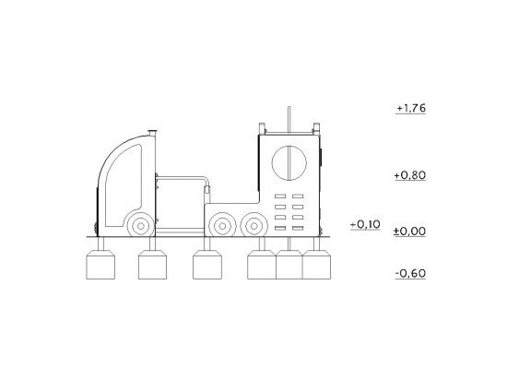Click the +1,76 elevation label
tap(411, 108)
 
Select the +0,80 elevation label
tap(410, 175)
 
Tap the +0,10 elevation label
tap(365, 224)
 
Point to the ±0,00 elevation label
tap(409, 232)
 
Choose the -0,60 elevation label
tap(410, 274)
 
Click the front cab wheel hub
tap(141, 226)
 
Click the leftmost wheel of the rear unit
tap(222, 226)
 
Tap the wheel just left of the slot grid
tap(254, 226)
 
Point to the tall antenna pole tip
tap(289, 107)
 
